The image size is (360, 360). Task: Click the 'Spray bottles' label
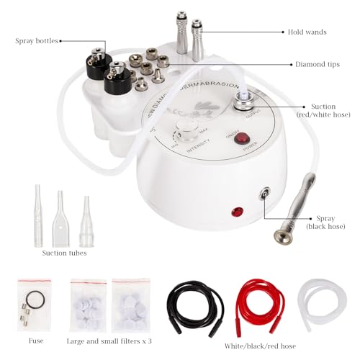[x=37, y=41]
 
